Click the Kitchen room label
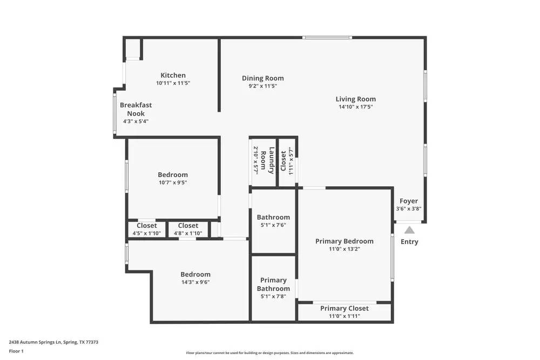tap(173, 76)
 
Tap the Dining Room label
tap(262, 78)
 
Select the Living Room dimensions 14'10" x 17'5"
tap(355, 107)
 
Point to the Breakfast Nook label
tap(136, 109)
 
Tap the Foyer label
tap(408, 201)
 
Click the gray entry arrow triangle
tap(409, 230)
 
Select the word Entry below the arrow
tap(409, 242)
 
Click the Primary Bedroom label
tap(344, 241)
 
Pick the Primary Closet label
tap(344, 308)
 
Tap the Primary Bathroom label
tap(273, 284)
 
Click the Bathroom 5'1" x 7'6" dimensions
tap(273, 226)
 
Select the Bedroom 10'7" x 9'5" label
tap(173, 175)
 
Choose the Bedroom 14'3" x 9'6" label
tap(195, 275)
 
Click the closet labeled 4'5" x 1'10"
tap(147, 226)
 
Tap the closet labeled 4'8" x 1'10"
tap(188, 226)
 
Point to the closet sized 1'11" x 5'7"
tap(287, 161)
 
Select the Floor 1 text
tap(16, 351)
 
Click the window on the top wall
tap(327, 37)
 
